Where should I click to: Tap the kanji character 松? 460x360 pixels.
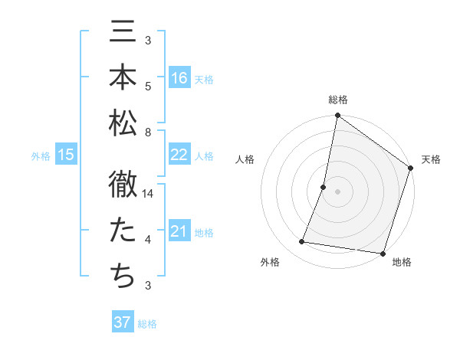point(123,122)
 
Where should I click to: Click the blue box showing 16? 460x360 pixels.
point(179,78)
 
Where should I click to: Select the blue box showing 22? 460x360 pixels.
point(179,155)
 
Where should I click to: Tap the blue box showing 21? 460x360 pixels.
point(179,231)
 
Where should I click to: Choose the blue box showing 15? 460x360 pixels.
point(66,155)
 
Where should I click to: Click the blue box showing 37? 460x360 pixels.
point(123,322)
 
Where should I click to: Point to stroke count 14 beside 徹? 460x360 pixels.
point(149,195)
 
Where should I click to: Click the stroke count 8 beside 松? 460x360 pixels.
point(147,133)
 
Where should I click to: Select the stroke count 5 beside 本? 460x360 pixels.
point(147,87)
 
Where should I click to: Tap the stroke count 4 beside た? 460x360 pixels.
point(147,241)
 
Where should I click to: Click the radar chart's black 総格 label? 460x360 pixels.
point(338,100)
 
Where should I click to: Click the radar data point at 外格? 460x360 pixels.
point(302,242)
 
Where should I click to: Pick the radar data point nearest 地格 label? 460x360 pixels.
point(383,253)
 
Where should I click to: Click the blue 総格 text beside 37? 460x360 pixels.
point(147,324)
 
